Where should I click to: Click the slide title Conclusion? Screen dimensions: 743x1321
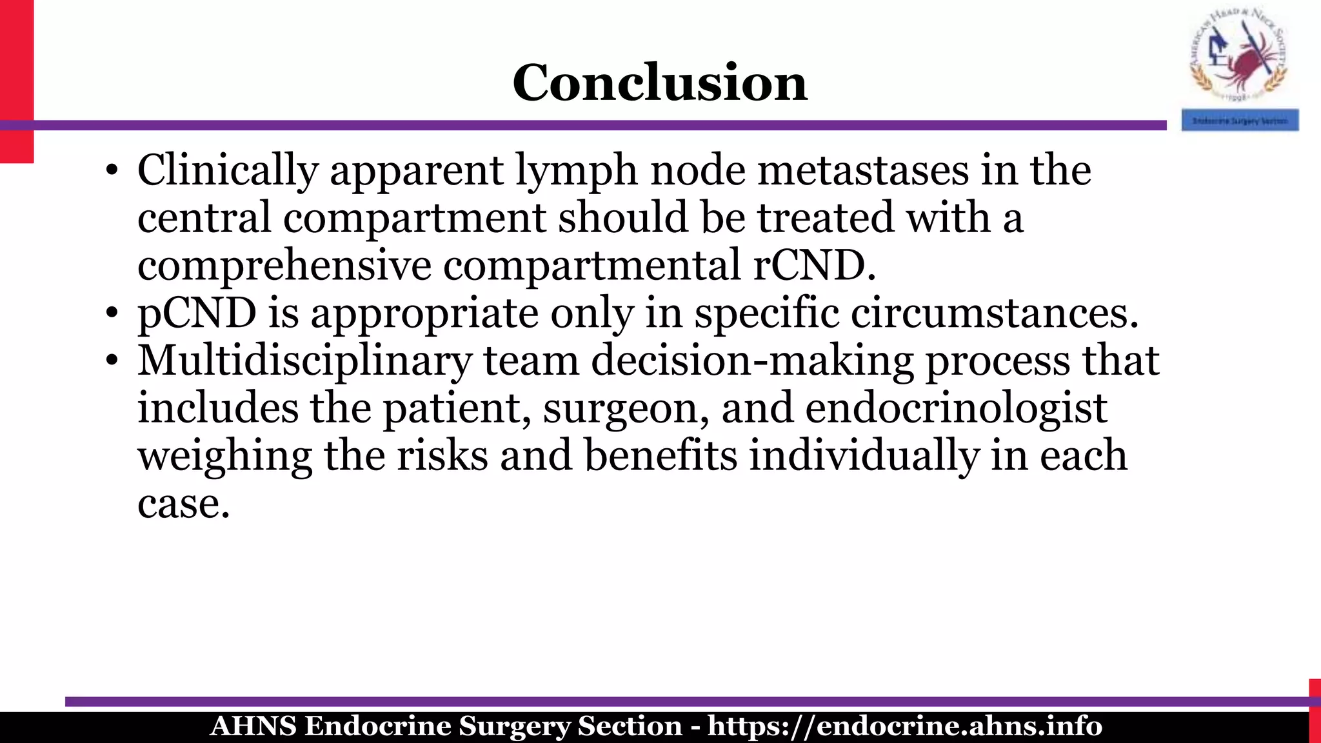(x=659, y=83)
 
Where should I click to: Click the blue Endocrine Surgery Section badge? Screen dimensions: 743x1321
(x=1240, y=121)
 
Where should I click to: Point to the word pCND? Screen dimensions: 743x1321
(x=197, y=313)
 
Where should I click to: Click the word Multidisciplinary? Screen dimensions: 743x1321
(x=304, y=361)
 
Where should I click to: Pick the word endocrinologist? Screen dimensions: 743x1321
(x=956, y=408)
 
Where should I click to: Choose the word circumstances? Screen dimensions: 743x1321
(x=995, y=313)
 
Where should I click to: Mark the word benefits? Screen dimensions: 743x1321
(x=660, y=455)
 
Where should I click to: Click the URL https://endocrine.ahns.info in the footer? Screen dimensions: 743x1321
(x=904, y=726)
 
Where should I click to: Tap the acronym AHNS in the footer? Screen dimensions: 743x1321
(x=253, y=726)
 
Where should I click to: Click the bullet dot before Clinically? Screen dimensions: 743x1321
(x=112, y=172)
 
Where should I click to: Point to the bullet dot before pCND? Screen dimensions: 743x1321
(x=112, y=314)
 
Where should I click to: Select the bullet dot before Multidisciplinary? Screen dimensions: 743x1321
(x=112, y=362)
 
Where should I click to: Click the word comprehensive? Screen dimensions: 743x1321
(x=284, y=265)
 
